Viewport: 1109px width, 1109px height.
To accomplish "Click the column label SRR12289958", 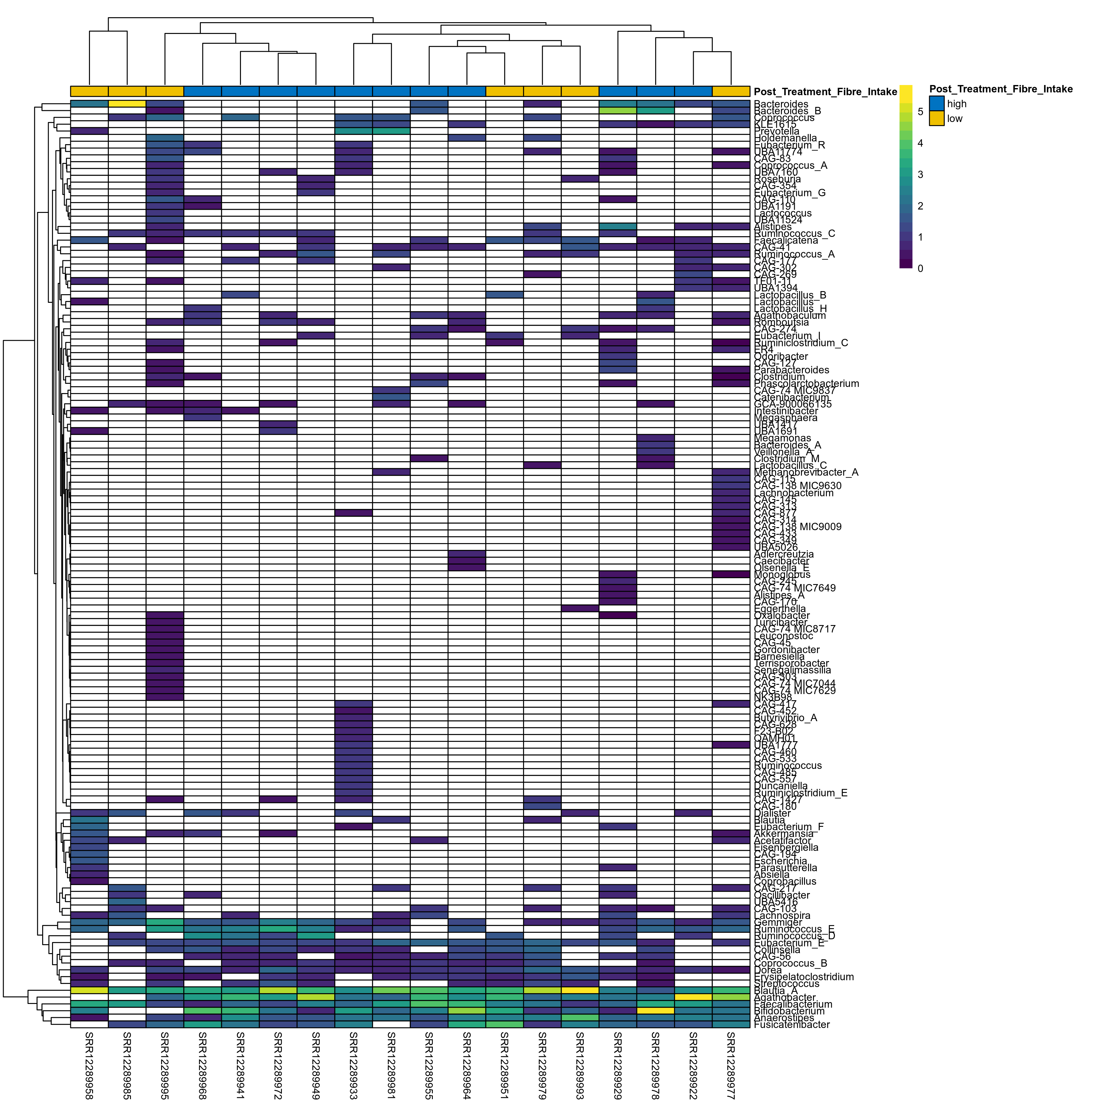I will [x=89, y=1065].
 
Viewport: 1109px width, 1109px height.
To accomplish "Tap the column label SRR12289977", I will [x=731, y=1065].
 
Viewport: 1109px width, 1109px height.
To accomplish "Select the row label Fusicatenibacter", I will [x=792, y=1025].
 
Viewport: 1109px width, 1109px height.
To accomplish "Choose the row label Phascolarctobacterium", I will [x=806, y=384].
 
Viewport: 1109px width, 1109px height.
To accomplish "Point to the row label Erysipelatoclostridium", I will [x=804, y=977].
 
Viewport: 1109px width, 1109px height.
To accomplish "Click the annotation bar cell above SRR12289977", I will [x=731, y=91].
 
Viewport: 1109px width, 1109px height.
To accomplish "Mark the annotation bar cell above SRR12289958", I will [x=89, y=91].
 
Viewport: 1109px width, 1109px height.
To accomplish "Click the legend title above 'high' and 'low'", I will [x=1001, y=89].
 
